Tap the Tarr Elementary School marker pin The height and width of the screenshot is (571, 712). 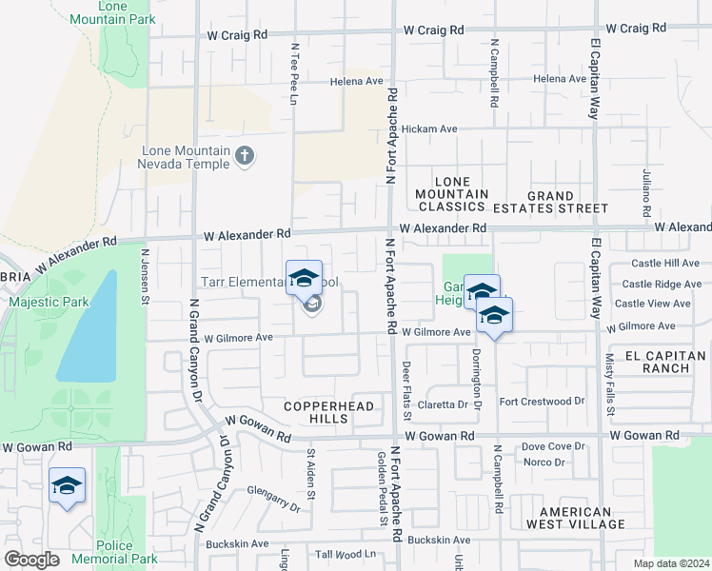click(x=304, y=279)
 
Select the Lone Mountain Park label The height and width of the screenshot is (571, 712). click(x=126, y=12)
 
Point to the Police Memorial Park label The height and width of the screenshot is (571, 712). click(x=128, y=552)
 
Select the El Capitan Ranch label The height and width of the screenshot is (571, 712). click(x=664, y=362)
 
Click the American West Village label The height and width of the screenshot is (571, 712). click(x=569, y=518)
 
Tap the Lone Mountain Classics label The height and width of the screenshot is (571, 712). click(x=451, y=194)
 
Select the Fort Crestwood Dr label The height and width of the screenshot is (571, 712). click(x=542, y=402)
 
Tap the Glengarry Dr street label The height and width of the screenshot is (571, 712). click(x=273, y=500)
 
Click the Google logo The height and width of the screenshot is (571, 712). click(x=31, y=560)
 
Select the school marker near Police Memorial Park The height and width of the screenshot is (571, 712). click(x=67, y=486)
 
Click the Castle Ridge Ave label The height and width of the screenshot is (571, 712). click(x=662, y=284)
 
